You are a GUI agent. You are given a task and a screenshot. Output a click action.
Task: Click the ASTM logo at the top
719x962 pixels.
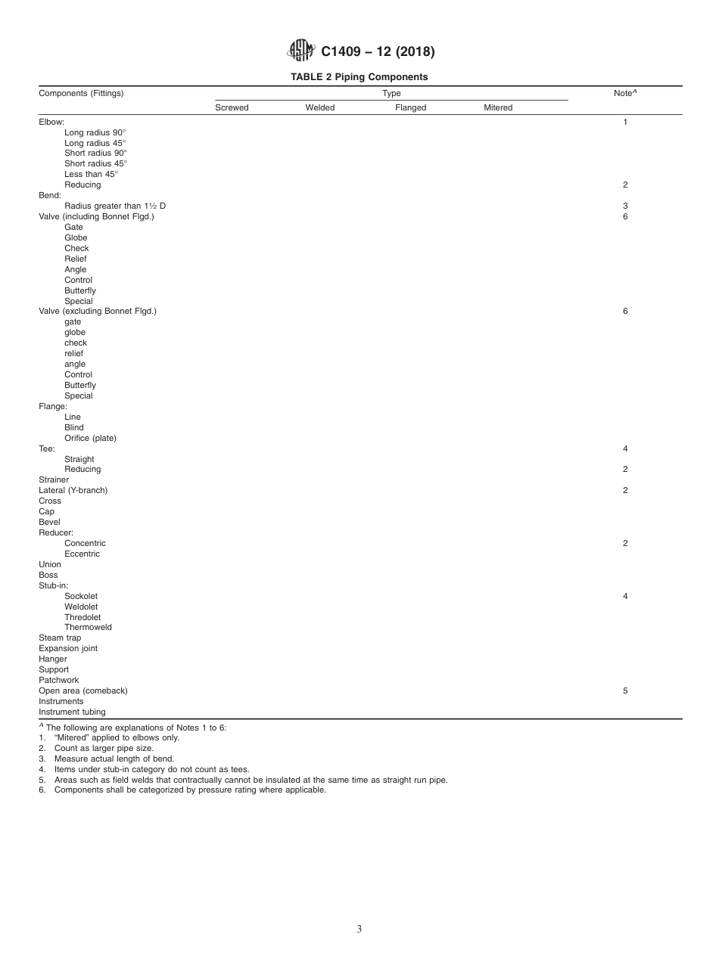(300, 51)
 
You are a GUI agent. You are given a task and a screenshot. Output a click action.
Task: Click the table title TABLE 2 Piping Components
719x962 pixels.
(359, 77)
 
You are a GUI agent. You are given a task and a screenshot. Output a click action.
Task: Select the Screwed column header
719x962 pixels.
(232, 108)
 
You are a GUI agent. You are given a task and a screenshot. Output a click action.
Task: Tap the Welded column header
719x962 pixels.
(319, 108)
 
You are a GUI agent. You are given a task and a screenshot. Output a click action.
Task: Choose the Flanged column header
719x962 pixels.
(410, 108)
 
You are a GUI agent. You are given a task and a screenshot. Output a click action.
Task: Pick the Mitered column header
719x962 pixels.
(498, 108)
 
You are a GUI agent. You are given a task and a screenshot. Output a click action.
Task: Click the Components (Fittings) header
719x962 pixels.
(81, 94)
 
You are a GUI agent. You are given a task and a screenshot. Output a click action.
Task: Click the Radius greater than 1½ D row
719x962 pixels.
(115, 206)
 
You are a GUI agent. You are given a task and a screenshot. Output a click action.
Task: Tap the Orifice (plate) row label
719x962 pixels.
(90, 438)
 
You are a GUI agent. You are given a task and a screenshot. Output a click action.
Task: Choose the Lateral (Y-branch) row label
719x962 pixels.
(73, 490)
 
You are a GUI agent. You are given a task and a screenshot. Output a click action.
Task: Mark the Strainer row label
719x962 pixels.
(54, 479)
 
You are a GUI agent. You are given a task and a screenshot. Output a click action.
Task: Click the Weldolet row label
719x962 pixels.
(81, 607)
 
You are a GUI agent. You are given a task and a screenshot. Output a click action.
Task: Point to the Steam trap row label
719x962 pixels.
(60, 638)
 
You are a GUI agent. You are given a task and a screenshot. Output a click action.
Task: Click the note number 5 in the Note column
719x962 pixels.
(625, 690)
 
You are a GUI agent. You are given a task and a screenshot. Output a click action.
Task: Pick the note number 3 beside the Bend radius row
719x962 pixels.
(625, 206)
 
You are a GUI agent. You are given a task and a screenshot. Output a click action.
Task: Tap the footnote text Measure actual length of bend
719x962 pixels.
(114, 759)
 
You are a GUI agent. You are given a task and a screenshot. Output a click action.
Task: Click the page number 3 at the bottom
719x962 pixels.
(359, 929)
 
